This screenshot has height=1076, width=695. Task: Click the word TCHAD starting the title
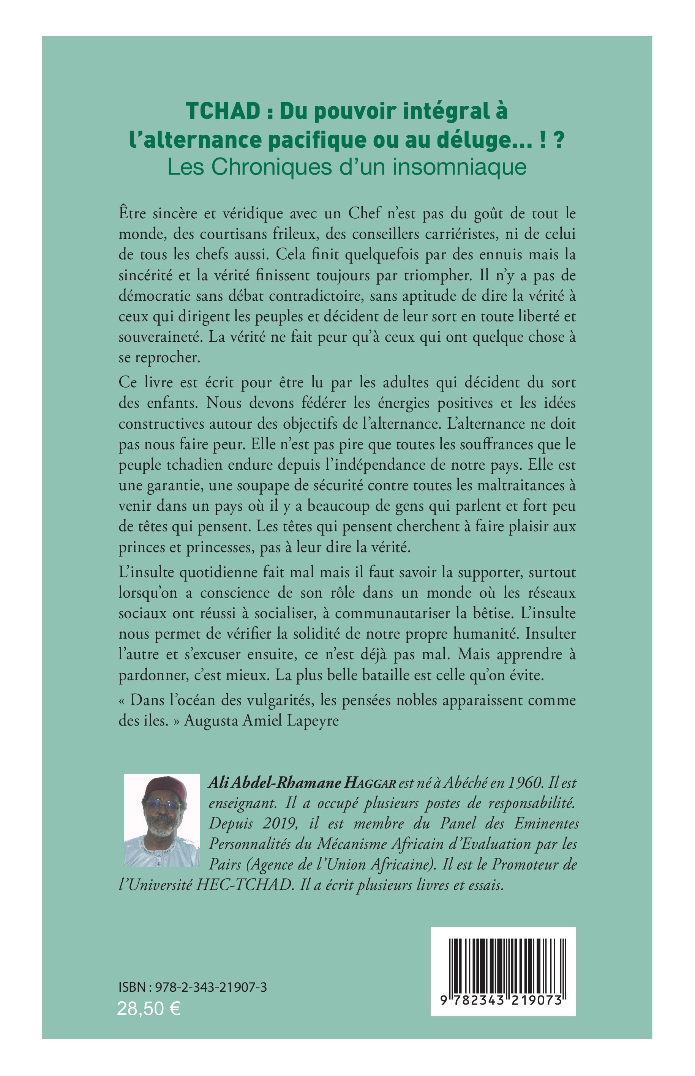coord(223,112)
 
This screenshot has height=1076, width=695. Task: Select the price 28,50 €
coord(148,1008)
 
